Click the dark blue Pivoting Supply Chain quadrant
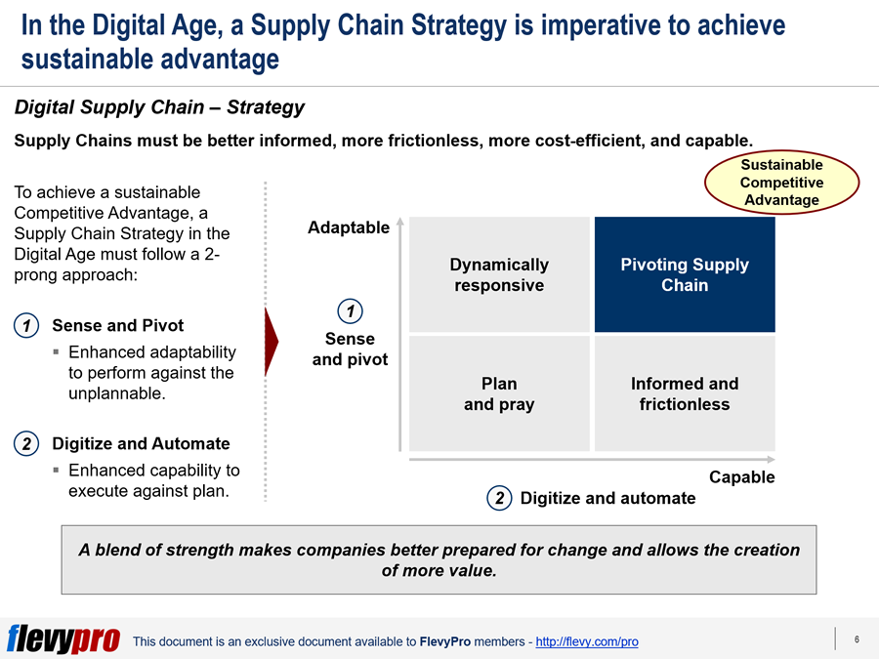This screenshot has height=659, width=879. pyautogui.click(x=685, y=274)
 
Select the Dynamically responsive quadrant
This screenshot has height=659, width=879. pyautogui.click(x=499, y=274)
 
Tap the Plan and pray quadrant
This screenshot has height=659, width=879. pyautogui.click(x=499, y=393)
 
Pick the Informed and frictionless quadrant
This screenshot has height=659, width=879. pyautogui.click(x=685, y=393)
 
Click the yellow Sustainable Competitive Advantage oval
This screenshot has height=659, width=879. pyautogui.click(x=781, y=183)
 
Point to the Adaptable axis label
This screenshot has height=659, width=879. pyautogui.click(x=348, y=227)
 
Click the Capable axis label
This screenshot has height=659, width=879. pyautogui.click(x=741, y=476)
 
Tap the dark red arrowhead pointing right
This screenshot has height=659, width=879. pyautogui.click(x=272, y=342)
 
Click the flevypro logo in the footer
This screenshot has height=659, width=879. pyautogui.click(x=63, y=639)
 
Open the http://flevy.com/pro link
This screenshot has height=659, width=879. pyautogui.click(x=587, y=641)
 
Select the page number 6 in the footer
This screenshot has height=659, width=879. pyautogui.click(x=857, y=639)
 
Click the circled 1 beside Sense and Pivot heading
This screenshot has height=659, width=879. pyautogui.click(x=26, y=325)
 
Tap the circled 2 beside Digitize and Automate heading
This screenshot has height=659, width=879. pyautogui.click(x=26, y=444)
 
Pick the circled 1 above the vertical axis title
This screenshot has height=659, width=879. pyautogui.click(x=351, y=311)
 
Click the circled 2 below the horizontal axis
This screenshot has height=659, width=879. pyautogui.click(x=499, y=498)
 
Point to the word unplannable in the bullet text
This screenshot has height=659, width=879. pyautogui.click(x=117, y=393)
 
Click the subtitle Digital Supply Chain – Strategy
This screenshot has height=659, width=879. pyautogui.click(x=159, y=107)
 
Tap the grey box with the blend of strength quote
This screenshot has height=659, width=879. pyautogui.click(x=439, y=559)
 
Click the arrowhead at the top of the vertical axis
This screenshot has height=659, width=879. pyautogui.click(x=400, y=222)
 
